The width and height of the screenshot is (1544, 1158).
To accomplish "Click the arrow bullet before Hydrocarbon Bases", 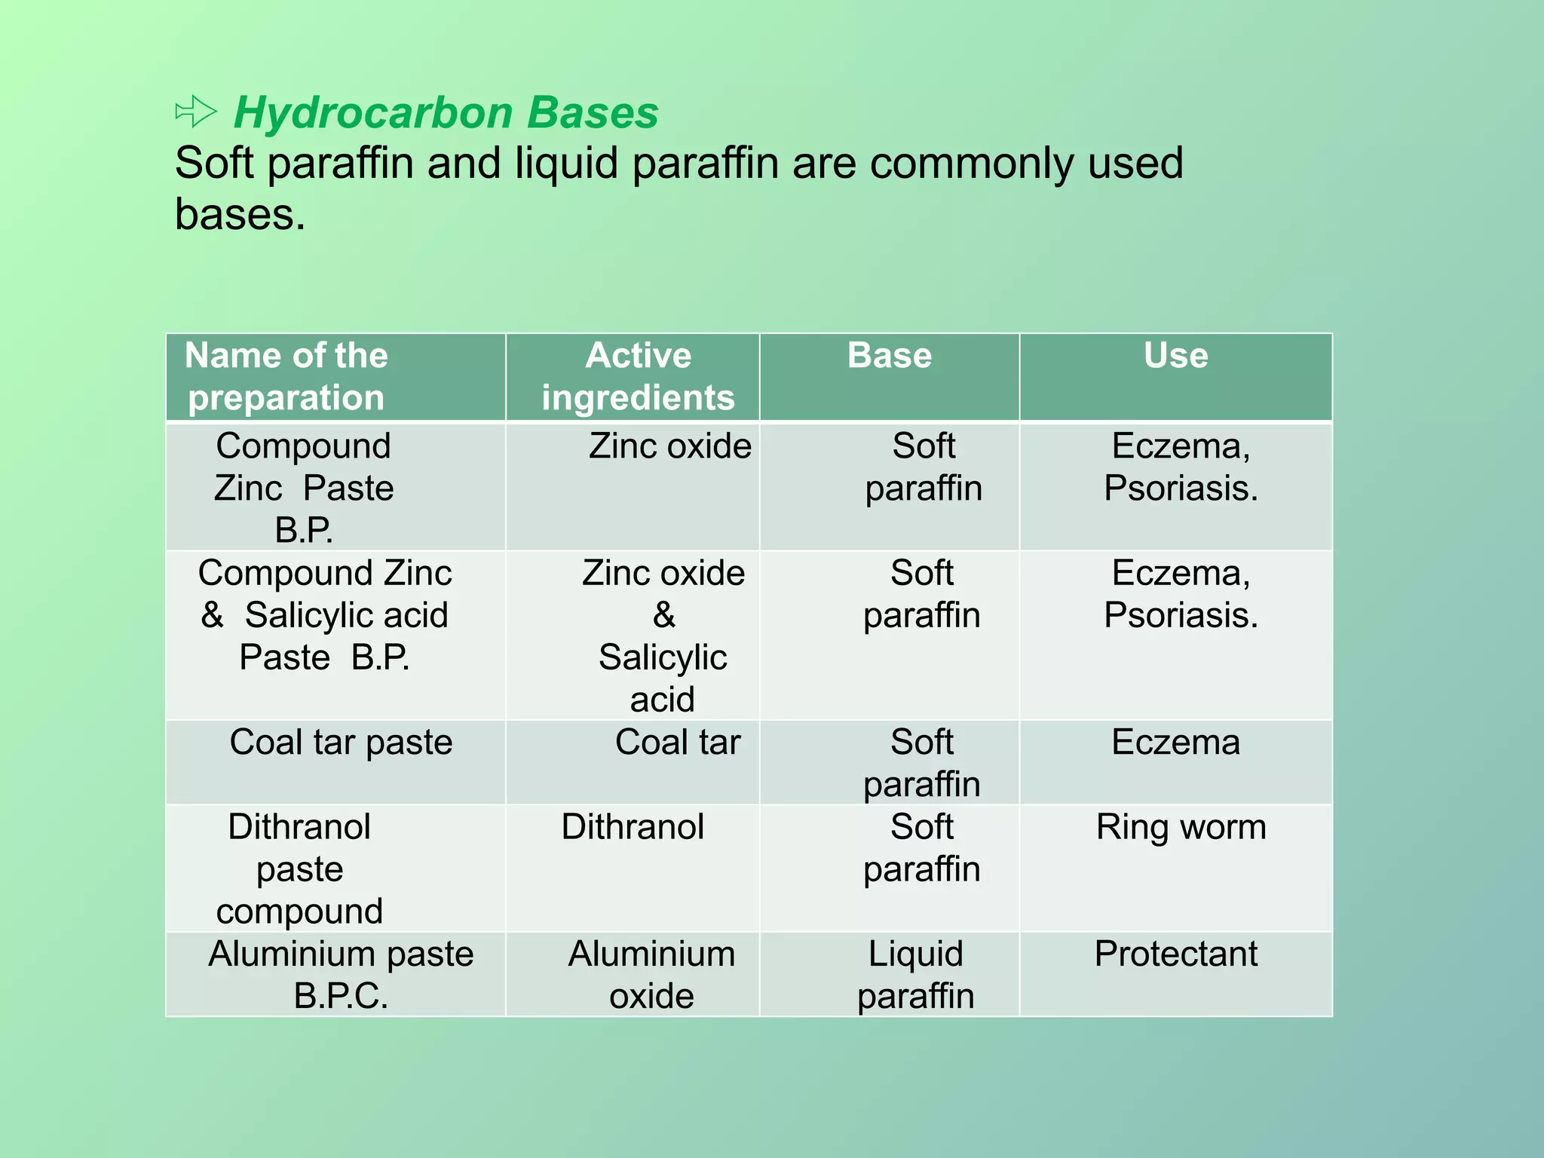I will (x=195, y=112).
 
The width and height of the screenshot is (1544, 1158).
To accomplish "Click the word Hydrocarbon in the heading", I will (x=372, y=113).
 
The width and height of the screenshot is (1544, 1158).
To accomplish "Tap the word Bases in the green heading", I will (x=593, y=113).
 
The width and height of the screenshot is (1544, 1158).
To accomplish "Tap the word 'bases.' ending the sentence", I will (x=240, y=215).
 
